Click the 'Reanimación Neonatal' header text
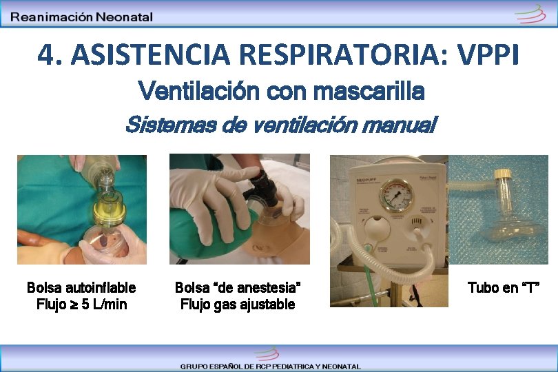[x=82, y=17]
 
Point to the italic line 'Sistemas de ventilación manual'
[x=280, y=125]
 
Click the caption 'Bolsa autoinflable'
[x=81, y=287]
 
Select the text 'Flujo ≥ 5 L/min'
[x=81, y=304]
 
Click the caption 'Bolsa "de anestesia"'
[x=238, y=287]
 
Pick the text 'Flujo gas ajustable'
[x=238, y=304]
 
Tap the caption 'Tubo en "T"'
[x=503, y=287]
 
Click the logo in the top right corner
[x=530, y=13]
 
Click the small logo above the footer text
[x=266, y=354]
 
